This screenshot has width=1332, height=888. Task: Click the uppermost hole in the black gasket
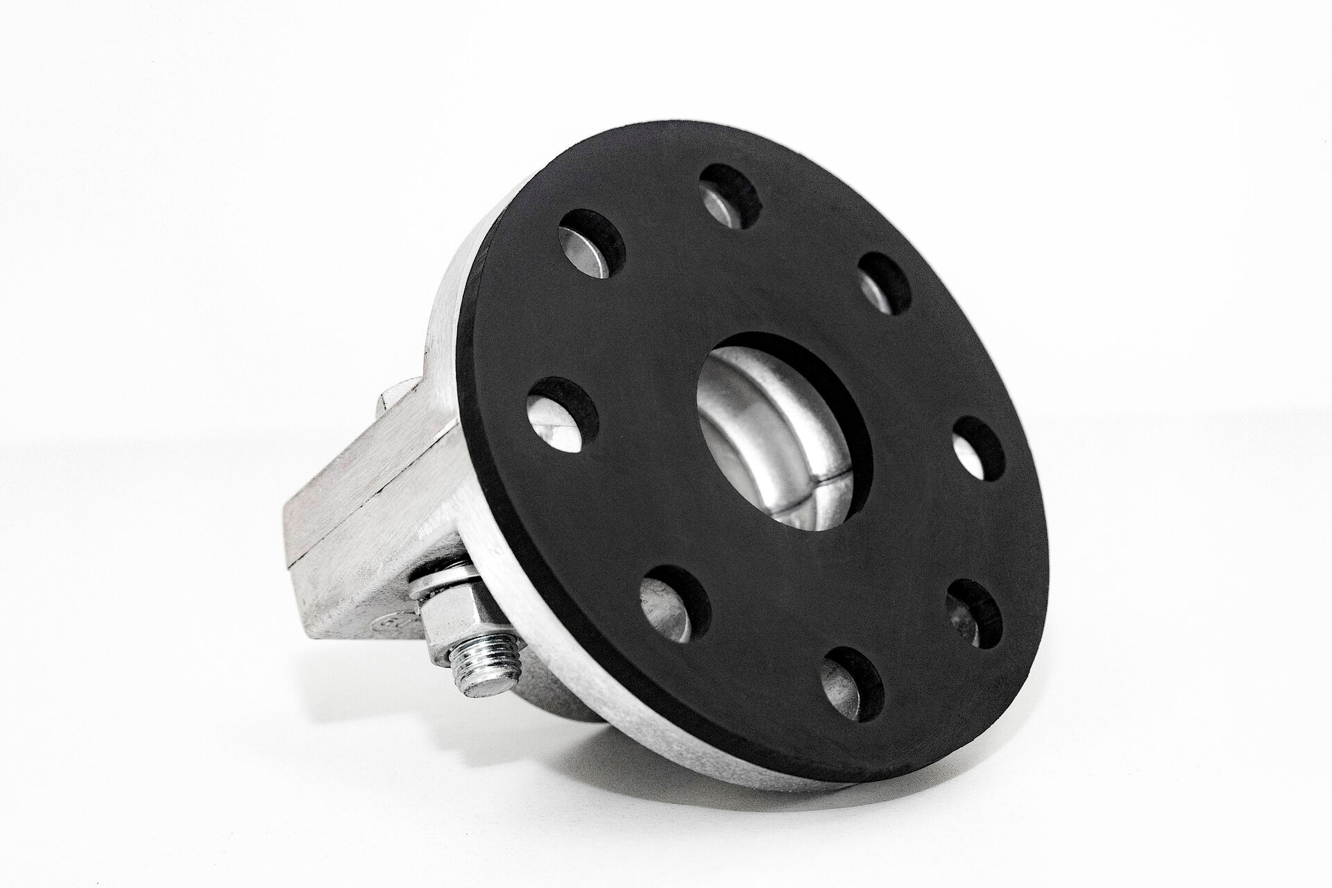[729, 196]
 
